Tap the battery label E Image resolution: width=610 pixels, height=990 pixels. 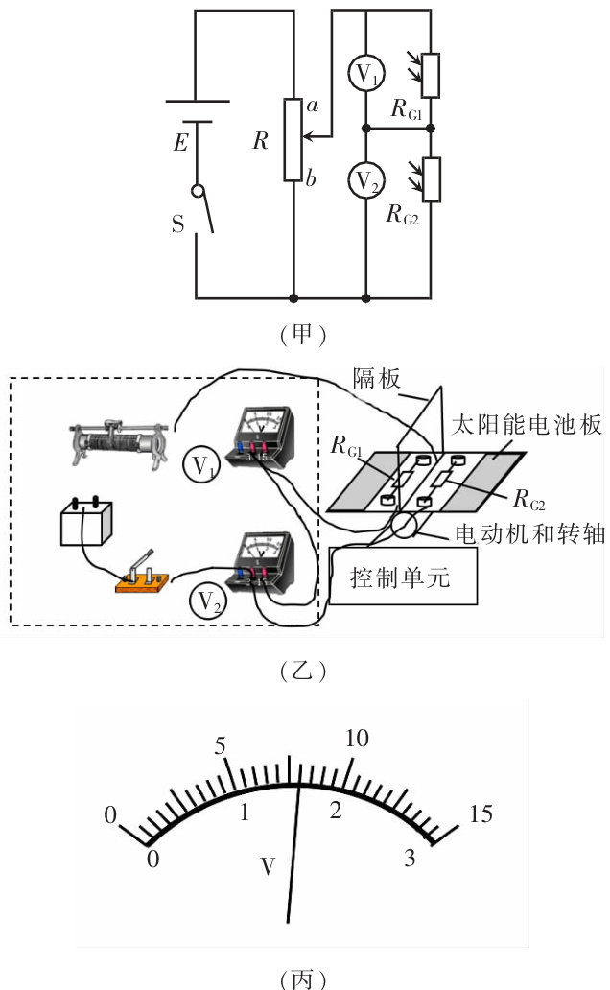pyautogui.click(x=180, y=144)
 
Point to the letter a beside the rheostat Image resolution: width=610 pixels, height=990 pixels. pyautogui.click(x=311, y=105)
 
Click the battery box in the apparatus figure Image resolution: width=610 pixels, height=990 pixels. pyautogui.click(x=87, y=524)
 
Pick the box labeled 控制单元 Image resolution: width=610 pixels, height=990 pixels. pyautogui.click(x=402, y=577)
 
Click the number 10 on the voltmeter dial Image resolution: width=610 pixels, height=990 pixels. pyautogui.click(x=356, y=739)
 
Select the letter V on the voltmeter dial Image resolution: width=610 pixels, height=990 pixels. pyautogui.click(x=270, y=866)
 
